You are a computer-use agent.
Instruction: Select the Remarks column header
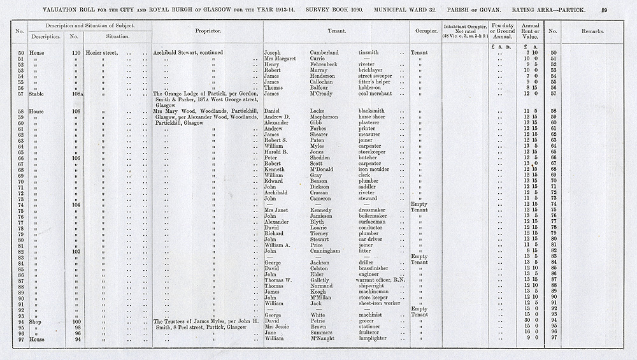[592, 31]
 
